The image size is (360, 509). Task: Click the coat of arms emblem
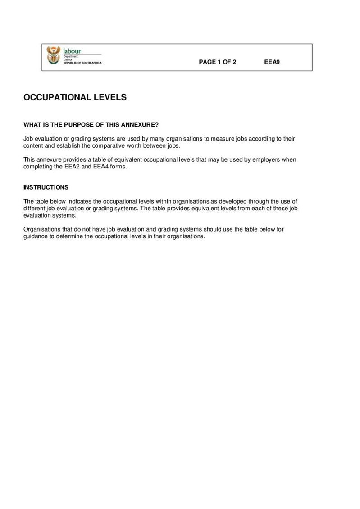coord(53,55)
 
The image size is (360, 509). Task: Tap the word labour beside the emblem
coord(72,51)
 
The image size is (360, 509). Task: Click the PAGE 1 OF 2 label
coord(218,62)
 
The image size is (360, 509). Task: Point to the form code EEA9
coord(272,62)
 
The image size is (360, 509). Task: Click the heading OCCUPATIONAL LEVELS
coord(75,97)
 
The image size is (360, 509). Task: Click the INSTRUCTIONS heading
coord(46,187)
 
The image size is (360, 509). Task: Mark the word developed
coord(233,201)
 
